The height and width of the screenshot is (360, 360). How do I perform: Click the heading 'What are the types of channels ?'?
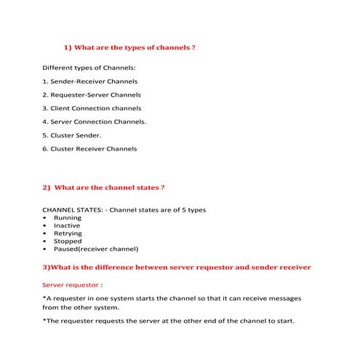tap(135, 47)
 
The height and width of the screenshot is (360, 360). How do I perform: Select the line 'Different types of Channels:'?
tap(89, 68)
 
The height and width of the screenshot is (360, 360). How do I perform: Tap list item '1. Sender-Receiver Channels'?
tap(89, 81)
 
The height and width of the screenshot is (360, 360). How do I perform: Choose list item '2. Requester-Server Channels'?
tap(92, 95)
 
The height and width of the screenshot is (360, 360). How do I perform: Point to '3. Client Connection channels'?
tap(92, 108)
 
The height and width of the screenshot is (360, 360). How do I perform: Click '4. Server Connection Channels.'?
tap(95, 121)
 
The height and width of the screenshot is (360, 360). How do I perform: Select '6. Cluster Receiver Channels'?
tap(89, 148)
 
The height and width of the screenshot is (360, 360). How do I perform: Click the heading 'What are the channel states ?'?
tap(109, 188)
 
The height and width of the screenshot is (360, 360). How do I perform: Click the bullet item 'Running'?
tap(68, 217)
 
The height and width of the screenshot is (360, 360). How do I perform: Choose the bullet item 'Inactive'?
tap(67, 225)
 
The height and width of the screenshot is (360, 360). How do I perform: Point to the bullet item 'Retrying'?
tap(68, 233)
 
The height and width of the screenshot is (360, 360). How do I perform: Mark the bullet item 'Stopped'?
tap(68, 241)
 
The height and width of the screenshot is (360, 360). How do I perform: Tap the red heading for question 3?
tap(177, 267)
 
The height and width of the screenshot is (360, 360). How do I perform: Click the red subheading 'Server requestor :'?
tap(71, 284)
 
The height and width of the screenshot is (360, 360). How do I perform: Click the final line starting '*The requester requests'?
tap(169, 321)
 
